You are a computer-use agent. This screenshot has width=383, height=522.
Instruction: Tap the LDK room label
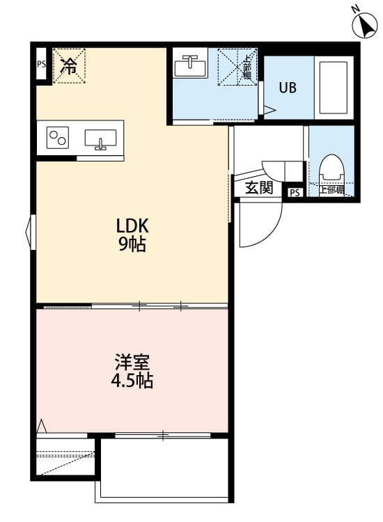[x=133, y=226]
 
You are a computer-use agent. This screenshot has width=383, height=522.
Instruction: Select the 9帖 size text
[x=132, y=244]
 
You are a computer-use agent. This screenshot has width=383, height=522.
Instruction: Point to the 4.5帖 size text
[x=132, y=381]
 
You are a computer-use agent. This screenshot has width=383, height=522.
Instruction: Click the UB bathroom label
[x=288, y=88]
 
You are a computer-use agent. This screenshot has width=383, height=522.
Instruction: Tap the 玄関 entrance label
[x=259, y=188]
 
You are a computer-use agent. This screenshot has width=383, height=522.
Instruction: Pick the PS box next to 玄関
[x=295, y=193]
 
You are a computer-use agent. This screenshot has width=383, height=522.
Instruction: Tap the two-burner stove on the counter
[x=58, y=138]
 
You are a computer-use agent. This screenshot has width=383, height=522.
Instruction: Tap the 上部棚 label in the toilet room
[x=331, y=189]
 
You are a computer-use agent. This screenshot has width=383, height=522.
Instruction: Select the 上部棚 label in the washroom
[x=247, y=67]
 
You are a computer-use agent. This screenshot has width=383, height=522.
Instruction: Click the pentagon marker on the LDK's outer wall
[x=31, y=230]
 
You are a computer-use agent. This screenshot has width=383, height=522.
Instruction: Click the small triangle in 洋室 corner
[x=42, y=425]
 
